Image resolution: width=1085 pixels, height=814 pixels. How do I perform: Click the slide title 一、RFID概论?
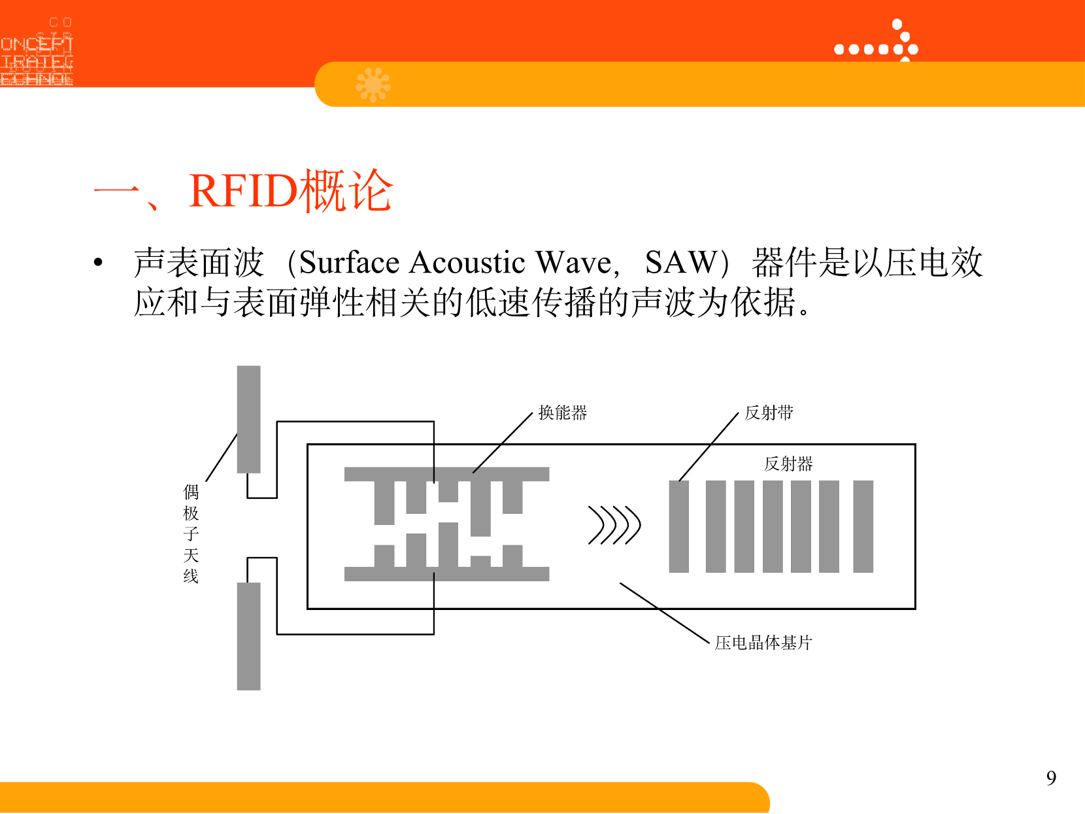(x=243, y=191)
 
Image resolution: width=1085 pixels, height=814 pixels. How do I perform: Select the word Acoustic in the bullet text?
(x=467, y=263)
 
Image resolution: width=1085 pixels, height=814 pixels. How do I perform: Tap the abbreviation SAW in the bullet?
(x=680, y=263)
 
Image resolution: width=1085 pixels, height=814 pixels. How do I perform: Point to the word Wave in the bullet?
(x=574, y=263)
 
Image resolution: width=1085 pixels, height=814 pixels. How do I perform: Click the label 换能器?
(x=563, y=413)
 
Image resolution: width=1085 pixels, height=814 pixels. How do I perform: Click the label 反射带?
(x=769, y=413)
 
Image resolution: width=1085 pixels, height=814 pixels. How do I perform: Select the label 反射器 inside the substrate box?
(x=788, y=464)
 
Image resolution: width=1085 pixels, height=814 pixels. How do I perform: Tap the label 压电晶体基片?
(x=763, y=643)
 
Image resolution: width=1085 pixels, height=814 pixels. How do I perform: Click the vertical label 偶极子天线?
(x=191, y=534)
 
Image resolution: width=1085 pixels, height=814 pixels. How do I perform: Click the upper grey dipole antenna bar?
(x=248, y=418)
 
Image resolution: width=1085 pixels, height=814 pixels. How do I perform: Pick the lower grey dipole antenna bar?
(x=248, y=636)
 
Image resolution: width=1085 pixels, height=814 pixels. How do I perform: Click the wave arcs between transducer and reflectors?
(x=614, y=525)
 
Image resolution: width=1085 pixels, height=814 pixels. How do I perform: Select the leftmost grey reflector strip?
(x=678, y=526)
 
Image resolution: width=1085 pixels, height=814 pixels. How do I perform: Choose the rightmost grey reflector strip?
(x=863, y=526)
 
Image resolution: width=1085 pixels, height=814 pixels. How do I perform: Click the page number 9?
(x=1051, y=777)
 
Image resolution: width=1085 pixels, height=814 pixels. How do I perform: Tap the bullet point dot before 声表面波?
(x=98, y=263)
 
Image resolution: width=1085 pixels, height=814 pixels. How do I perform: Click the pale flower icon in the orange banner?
(x=373, y=85)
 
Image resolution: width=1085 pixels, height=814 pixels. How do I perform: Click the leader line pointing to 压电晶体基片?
(x=664, y=613)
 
